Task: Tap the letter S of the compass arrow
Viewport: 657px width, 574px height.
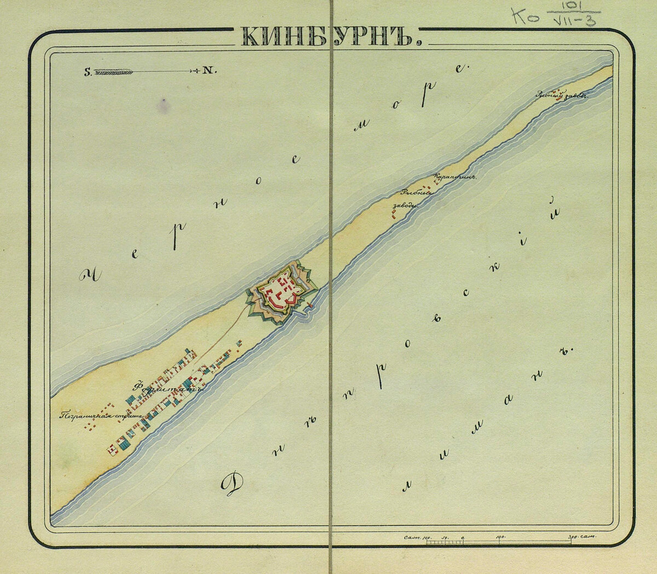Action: tap(87, 71)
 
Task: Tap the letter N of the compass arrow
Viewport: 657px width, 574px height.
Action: tap(209, 71)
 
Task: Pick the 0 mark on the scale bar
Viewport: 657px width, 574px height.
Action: tap(463, 537)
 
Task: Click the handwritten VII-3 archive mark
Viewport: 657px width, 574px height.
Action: tap(574, 21)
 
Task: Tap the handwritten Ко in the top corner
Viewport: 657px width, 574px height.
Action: tap(526, 16)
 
